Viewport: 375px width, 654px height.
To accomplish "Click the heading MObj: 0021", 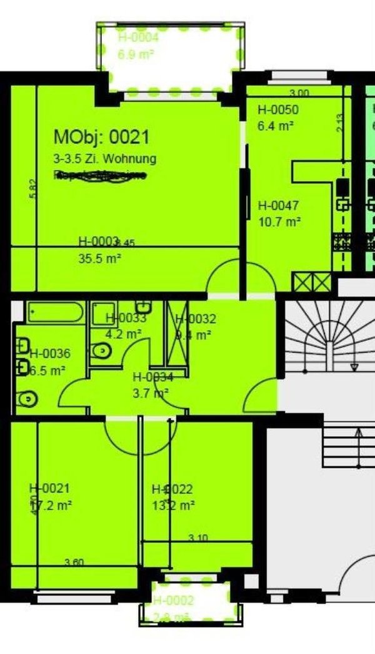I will pos(102,136).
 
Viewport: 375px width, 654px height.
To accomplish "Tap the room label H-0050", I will pos(278,110).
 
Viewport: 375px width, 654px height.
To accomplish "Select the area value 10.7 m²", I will pos(279,221).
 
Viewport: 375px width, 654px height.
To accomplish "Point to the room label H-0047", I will pos(278,205).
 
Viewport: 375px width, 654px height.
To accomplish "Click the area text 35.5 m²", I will pos(99,257).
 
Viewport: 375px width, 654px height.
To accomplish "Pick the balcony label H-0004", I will pos(139,38).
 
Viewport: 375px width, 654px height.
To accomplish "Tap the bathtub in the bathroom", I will pos(56,312).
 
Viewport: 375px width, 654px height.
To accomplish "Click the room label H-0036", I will pos(50,354).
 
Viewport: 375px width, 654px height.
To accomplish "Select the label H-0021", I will pos(49,488).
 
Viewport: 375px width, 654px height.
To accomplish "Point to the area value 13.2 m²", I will pos(173,505).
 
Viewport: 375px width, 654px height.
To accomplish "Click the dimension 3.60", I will pos(74,563).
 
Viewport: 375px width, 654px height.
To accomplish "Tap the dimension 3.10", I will pos(198,538).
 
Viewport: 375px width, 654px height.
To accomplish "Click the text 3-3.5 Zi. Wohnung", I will pos(104,159).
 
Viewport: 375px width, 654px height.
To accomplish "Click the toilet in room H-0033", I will pos(101,350).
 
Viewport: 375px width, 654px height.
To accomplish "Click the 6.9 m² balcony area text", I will pos(136,54).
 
